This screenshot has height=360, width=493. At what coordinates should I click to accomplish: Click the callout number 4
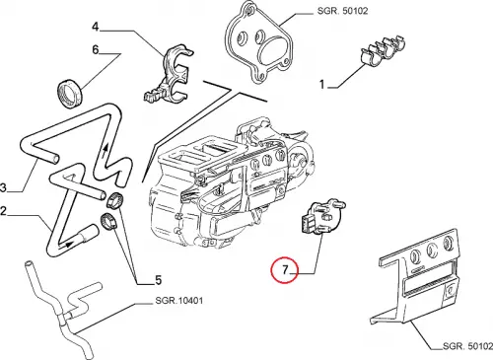pyautogui.click(x=96, y=27)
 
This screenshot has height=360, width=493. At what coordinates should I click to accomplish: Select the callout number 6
pyautogui.click(x=96, y=49)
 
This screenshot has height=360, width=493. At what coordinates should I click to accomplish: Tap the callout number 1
pyautogui.click(x=322, y=85)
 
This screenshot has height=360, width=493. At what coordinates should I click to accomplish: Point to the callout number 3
pyautogui.click(x=3, y=188)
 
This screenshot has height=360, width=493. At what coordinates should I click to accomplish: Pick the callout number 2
pyautogui.click(x=3, y=211)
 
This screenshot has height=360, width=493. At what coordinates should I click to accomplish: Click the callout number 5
pyautogui.click(x=159, y=280)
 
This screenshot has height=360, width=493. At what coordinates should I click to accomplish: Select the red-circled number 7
pyautogui.click(x=284, y=269)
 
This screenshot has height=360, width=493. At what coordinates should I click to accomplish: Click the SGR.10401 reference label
pyautogui.click(x=179, y=300)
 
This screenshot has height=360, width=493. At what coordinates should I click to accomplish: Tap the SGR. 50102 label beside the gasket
pyautogui.click(x=342, y=11)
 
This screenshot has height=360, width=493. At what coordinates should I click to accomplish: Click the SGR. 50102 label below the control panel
pyautogui.click(x=467, y=346)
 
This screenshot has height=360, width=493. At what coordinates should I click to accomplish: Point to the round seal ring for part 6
pyautogui.click(x=71, y=93)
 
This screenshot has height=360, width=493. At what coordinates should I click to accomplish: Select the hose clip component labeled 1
pyautogui.click(x=382, y=50)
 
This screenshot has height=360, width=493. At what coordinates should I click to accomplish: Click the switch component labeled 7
pyautogui.click(x=321, y=217)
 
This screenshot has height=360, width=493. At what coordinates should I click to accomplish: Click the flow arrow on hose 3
pyautogui.click(x=106, y=151)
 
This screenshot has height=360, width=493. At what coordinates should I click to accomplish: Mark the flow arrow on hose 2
pyautogui.click(x=69, y=245)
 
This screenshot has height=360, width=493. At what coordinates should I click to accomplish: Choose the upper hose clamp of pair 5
pyautogui.click(x=114, y=200)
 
